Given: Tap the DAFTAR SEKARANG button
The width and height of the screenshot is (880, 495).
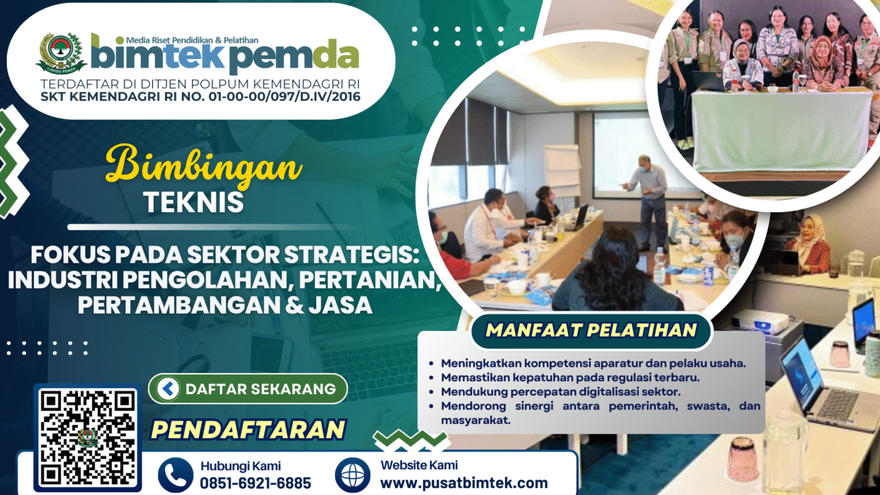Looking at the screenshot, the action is click(x=248, y=389).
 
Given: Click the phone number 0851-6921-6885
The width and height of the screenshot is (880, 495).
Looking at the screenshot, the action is click(x=255, y=483).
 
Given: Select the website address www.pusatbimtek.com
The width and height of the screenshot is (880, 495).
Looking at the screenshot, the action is click(x=464, y=482).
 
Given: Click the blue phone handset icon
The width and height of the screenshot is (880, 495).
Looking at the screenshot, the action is click(x=176, y=475).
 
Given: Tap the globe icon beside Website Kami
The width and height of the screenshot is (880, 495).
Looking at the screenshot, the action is click(x=353, y=475).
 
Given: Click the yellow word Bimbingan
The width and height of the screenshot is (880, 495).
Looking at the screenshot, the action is click(x=204, y=167).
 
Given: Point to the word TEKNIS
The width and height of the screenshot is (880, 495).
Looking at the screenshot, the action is click(x=194, y=202).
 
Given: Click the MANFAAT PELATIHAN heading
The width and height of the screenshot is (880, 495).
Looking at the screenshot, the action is click(x=591, y=330).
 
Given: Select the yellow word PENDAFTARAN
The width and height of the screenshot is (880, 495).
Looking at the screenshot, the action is click(x=248, y=429).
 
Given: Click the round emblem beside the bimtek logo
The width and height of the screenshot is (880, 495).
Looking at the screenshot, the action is click(x=62, y=53).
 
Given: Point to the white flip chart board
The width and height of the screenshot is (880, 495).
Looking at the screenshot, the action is click(x=561, y=170).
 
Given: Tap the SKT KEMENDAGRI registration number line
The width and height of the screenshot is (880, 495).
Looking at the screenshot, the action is click(x=200, y=96).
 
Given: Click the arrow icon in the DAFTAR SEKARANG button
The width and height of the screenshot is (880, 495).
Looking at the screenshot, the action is click(x=168, y=389).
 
